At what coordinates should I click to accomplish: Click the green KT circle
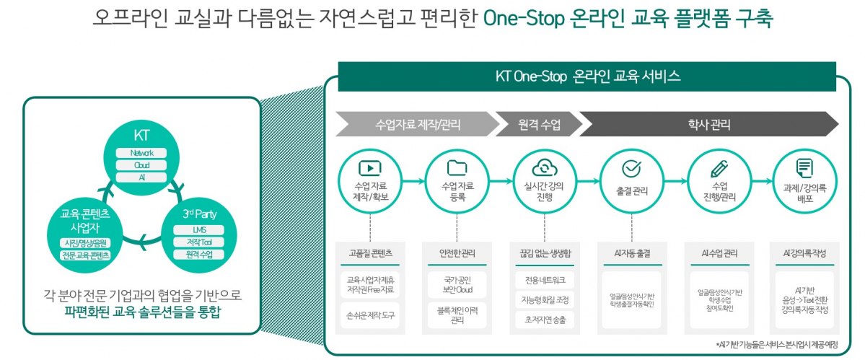point(141,156)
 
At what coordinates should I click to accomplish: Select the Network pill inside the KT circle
point(141,153)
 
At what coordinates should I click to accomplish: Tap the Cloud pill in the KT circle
point(141,165)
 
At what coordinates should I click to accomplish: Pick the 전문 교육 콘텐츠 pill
point(86,255)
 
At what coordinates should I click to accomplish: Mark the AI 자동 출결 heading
point(631,253)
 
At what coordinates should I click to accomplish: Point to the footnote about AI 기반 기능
point(777,345)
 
